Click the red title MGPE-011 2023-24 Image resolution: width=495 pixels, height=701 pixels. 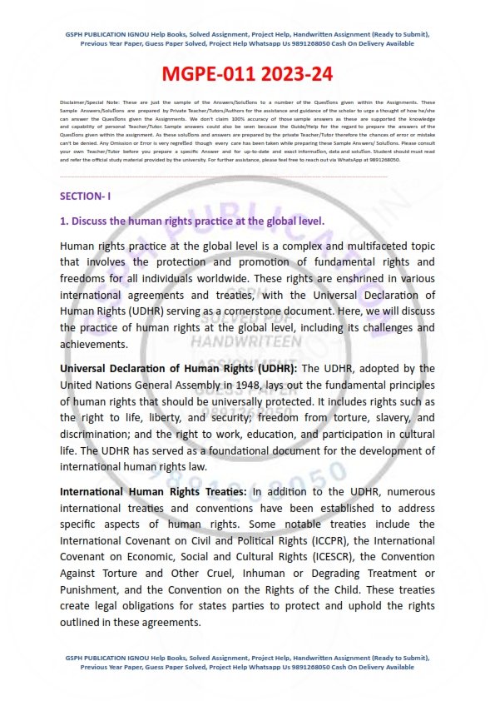click(x=248, y=75)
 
